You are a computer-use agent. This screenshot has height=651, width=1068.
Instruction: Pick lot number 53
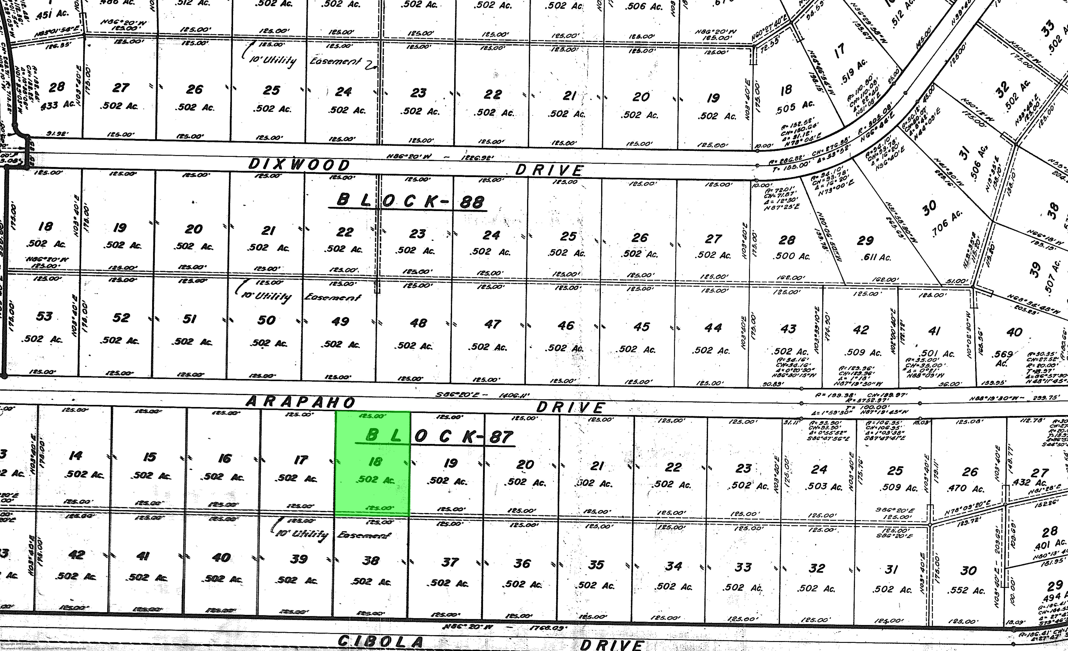[x=44, y=316]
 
